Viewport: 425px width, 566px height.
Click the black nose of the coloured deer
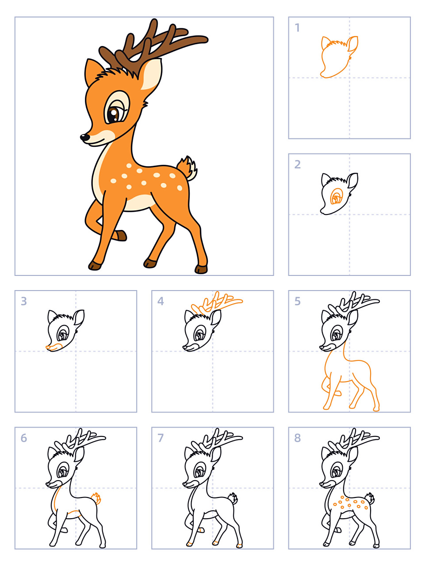[84, 137]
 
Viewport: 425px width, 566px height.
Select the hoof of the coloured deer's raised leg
[121, 236]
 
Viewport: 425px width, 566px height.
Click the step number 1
[297, 27]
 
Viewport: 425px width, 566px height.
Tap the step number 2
[297, 164]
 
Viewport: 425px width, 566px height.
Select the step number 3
[24, 301]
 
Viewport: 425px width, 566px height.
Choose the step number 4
[161, 301]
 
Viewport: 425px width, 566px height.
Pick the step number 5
[297, 301]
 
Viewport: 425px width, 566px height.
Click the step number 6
[24, 438]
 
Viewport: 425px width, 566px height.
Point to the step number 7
[161, 438]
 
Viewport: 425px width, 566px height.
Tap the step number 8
[297, 438]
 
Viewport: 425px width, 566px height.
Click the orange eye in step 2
[337, 196]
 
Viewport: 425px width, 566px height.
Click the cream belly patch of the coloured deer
[139, 203]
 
